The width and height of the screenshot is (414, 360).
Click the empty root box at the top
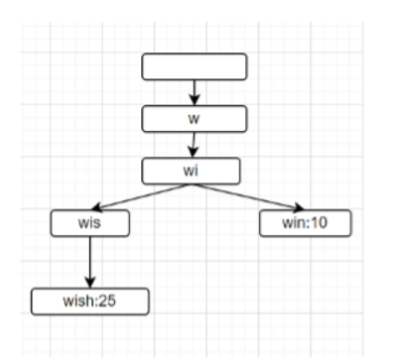pyautogui.click(x=195, y=67)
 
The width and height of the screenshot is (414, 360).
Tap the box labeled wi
pyautogui.click(x=193, y=171)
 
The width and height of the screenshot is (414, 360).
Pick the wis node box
pyautogui.click(x=90, y=223)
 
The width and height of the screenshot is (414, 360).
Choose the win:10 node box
pyautogui.click(x=305, y=223)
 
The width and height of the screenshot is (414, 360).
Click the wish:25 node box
pyautogui.click(x=90, y=300)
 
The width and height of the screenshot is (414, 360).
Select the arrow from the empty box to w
pyautogui.click(x=195, y=92)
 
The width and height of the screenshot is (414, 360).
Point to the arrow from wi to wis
pyautogui.click(x=139, y=197)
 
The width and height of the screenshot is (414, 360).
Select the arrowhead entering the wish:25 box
pyautogui.click(x=90, y=283)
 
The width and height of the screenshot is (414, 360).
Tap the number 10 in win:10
pyautogui.click(x=318, y=223)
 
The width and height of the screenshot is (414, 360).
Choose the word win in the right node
pyautogui.click(x=295, y=223)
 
